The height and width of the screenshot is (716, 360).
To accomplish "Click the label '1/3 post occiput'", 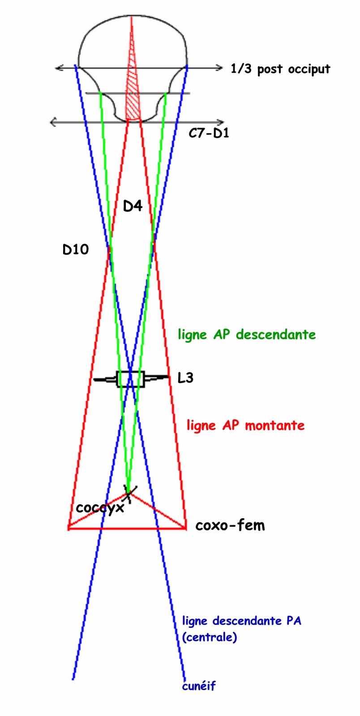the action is (280, 69).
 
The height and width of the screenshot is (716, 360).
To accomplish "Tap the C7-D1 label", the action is (209, 133).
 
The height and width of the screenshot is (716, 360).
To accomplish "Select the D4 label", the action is (133, 206).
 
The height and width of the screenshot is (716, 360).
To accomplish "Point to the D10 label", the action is (76, 249).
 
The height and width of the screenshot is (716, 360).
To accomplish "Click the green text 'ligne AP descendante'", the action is (247, 334).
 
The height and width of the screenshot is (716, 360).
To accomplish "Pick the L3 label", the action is (185, 378).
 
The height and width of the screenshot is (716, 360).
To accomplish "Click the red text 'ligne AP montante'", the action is (245, 425).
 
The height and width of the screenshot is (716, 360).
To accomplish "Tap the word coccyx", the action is (99, 508).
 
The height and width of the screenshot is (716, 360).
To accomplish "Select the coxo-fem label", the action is (230, 525).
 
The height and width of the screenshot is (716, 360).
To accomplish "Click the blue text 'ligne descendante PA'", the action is (241, 621).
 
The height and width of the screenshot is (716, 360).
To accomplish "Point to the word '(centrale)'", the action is (209, 637).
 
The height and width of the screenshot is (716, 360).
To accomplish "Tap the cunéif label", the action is (199, 686).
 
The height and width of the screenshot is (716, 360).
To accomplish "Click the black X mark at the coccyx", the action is (129, 493).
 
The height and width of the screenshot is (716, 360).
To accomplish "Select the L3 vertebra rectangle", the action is (130, 379).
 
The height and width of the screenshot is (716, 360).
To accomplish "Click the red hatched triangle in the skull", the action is (132, 89).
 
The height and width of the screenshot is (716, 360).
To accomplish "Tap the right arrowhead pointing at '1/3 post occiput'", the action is (219, 68).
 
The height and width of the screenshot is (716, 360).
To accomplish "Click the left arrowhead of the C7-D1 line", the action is (53, 122).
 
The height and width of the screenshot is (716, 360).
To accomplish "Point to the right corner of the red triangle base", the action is (185, 528).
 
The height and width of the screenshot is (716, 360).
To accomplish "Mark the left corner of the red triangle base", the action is (69, 528).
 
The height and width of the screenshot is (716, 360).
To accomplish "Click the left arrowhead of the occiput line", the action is (58, 68).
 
